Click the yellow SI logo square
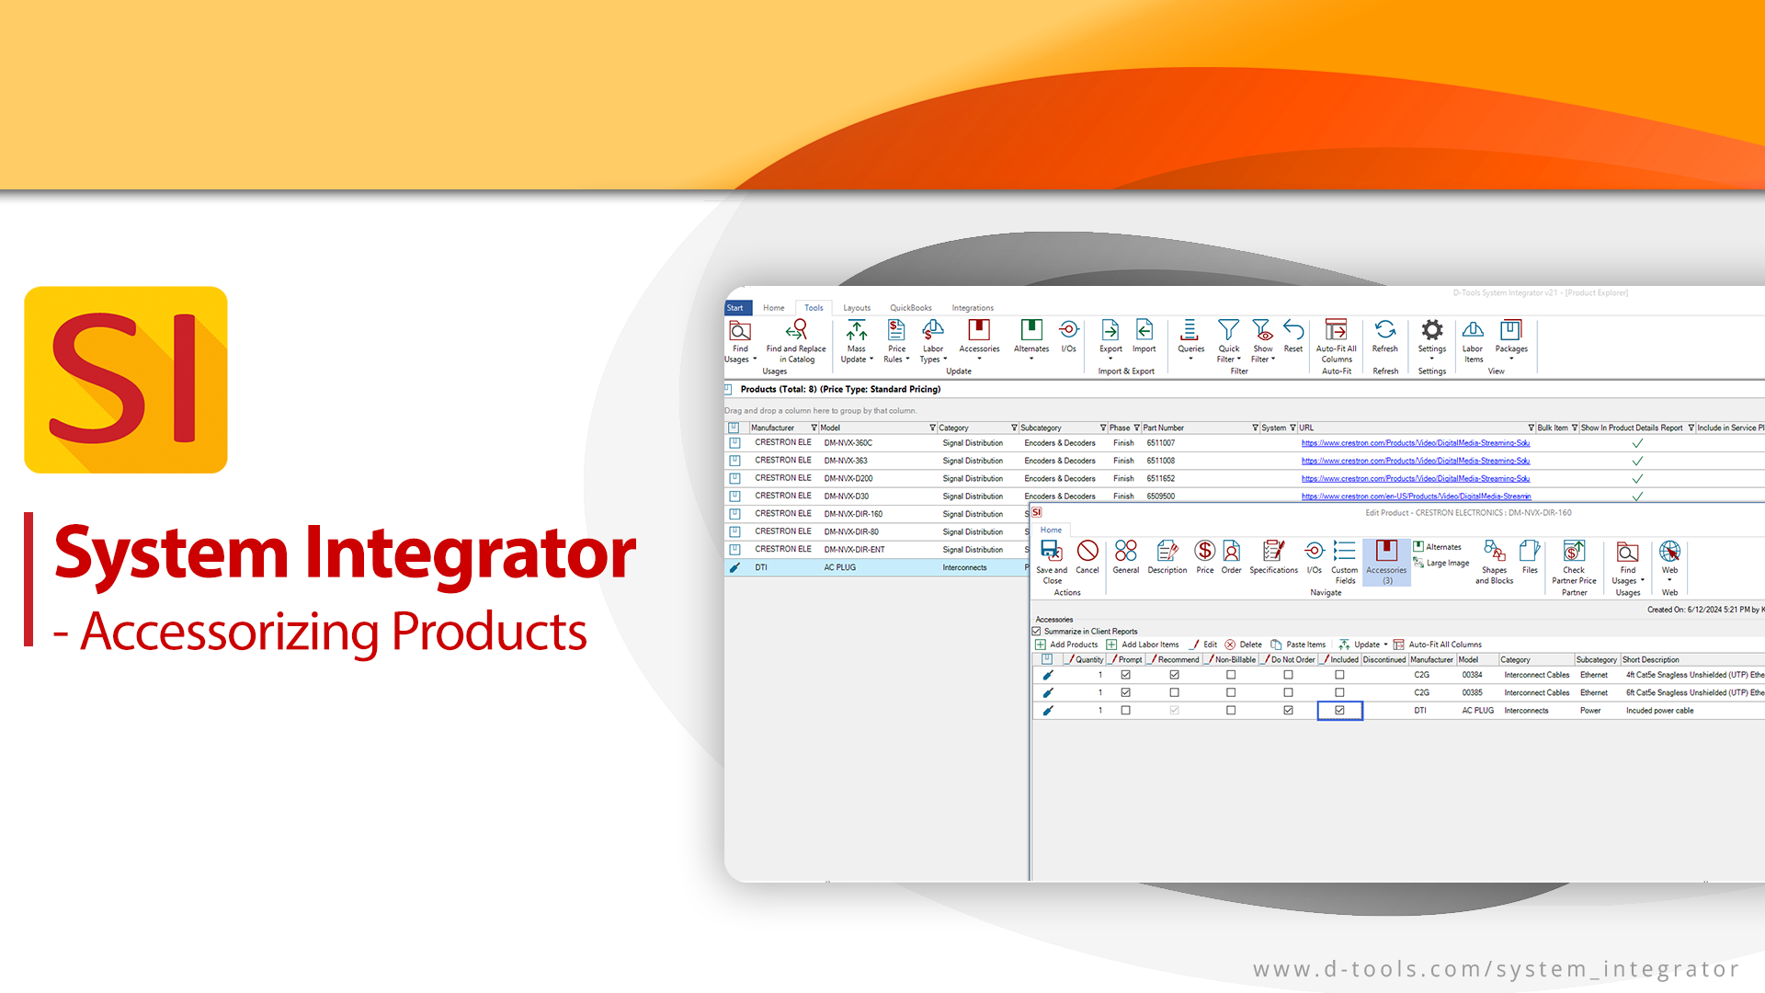tap(126, 380)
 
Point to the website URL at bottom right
tap(1496, 969)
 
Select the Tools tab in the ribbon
tap(814, 308)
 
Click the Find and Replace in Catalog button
tap(796, 340)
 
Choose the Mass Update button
tap(857, 340)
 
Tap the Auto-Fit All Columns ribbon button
tap(1336, 340)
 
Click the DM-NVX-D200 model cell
tap(848, 479)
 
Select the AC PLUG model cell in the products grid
tap(839, 568)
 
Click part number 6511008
tap(1160, 461)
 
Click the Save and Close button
tap(1052, 561)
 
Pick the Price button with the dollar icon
tap(1204, 557)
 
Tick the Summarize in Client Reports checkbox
tap(1037, 632)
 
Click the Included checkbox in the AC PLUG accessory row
tap(1339, 711)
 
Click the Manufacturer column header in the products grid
tap(773, 428)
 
